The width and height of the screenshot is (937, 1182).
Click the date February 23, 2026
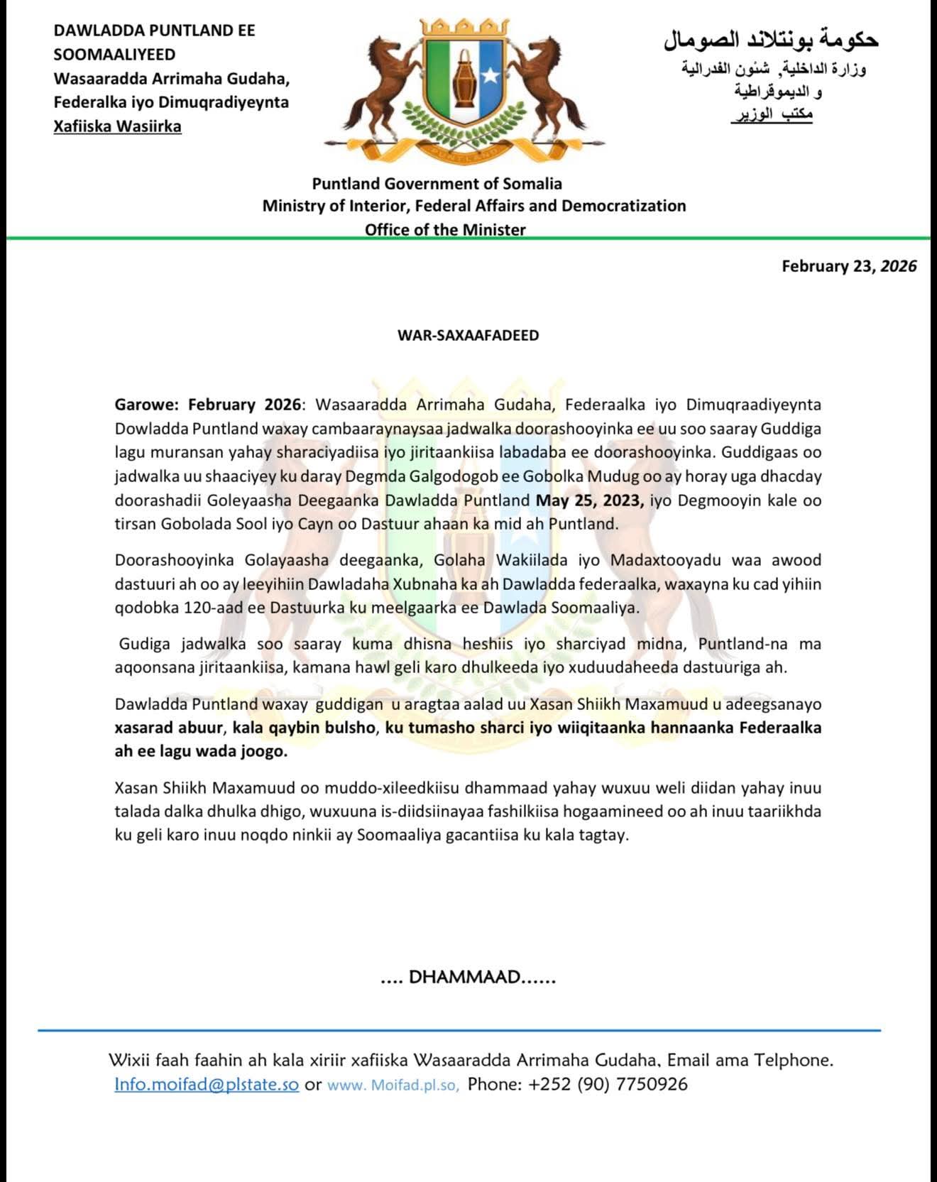coord(849,266)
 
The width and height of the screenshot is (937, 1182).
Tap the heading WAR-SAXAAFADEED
coord(468,335)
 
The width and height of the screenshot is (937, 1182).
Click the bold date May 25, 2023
coord(589,500)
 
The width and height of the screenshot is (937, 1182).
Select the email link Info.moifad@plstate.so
coord(207,1084)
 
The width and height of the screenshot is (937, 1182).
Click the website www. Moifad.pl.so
coord(393,1085)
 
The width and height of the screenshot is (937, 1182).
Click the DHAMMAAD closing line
coord(468,977)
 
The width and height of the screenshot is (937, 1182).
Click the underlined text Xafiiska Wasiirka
coord(117,126)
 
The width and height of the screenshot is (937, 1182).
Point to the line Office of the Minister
coord(445,229)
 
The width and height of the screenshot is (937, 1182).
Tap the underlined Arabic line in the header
coord(772,114)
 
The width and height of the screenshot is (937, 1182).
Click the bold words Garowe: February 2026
coord(208,405)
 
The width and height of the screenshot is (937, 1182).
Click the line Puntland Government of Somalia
coord(437,184)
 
